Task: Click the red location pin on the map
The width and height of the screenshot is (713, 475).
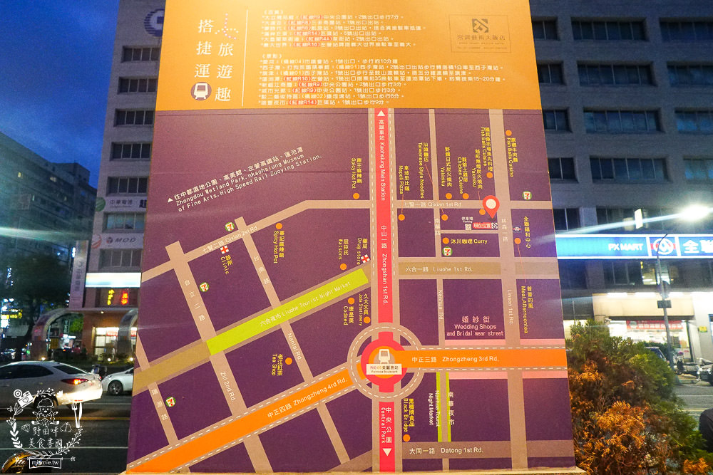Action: (x=490, y=205)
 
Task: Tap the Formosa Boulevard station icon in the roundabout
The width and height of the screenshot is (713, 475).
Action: (x=384, y=359)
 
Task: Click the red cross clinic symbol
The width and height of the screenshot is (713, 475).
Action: (x=225, y=250)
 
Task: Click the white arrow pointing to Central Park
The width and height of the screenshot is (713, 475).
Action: (x=387, y=453)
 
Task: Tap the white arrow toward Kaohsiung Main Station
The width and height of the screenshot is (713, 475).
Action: (x=381, y=113)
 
